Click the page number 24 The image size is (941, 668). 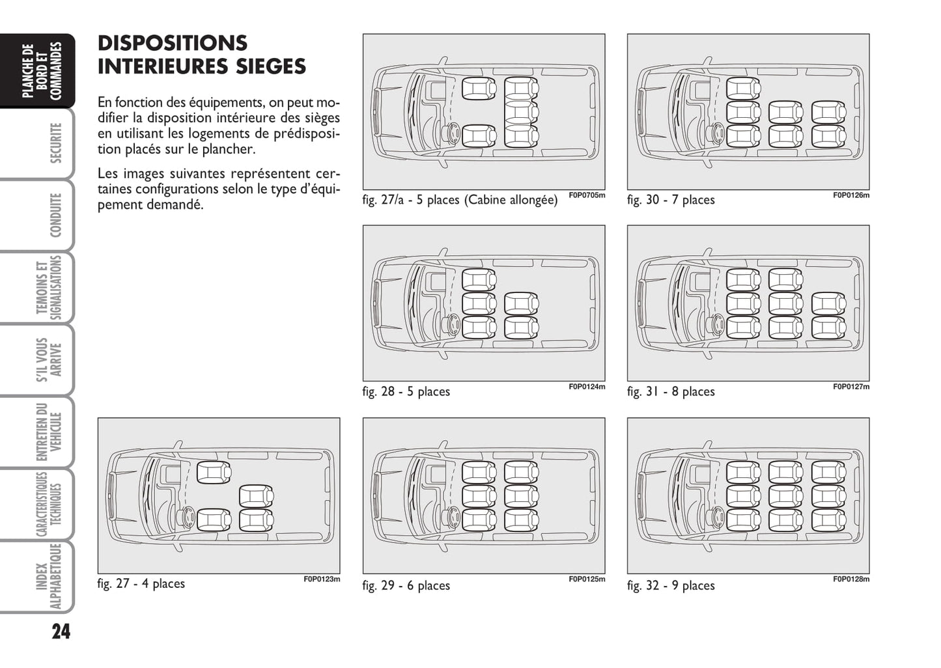click(61, 632)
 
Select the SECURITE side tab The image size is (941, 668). click(55, 143)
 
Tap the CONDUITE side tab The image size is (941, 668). click(55, 215)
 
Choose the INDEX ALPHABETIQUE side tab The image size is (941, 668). click(49, 577)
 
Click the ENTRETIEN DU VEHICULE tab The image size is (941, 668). click(49, 432)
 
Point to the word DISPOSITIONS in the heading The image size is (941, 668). click(173, 43)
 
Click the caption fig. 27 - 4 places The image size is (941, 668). click(141, 584)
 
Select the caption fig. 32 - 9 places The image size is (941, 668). click(671, 586)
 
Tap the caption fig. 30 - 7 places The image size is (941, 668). click(671, 200)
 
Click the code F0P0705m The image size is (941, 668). click(587, 195)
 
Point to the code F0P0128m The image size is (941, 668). click(851, 579)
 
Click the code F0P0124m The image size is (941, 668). click(587, 387)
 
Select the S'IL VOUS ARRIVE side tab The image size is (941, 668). click(49, 359)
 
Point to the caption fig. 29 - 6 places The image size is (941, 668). click(406, 586)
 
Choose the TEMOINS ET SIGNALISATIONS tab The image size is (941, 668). click(49, 287)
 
